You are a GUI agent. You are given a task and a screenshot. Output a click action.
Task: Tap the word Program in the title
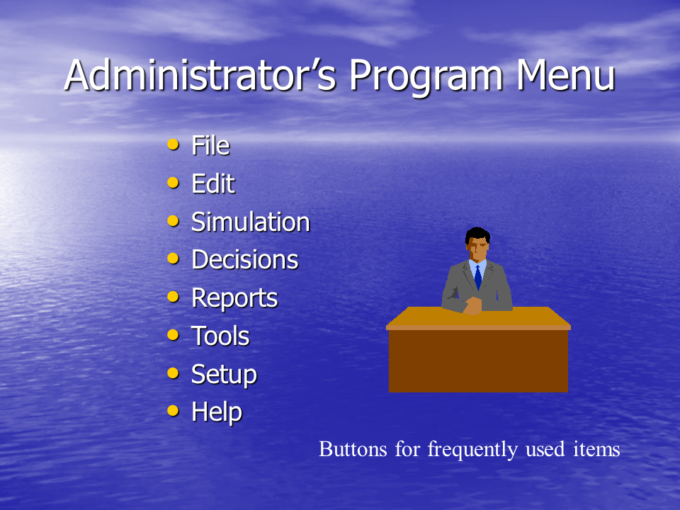point(426,76)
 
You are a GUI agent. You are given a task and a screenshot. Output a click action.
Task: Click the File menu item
point(211,145)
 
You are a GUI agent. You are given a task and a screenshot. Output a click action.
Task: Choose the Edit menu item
point(213,183)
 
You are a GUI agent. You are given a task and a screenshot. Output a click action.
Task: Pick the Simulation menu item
point(251,222)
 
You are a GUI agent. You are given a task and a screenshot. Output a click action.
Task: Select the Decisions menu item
point(245,259)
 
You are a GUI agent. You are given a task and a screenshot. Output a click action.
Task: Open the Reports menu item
point(234,298)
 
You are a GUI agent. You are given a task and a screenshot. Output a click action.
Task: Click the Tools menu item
point(221,336)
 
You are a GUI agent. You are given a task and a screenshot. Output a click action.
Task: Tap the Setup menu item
point(225,375)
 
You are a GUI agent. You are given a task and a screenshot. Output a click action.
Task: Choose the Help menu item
point(217,412)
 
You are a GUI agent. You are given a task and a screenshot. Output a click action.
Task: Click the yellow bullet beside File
point(173,144)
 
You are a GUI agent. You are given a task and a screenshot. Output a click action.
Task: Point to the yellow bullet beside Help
point(173,410)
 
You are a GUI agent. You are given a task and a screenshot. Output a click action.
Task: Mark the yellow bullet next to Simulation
point(173,221)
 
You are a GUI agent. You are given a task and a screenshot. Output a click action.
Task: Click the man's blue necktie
point(478,277)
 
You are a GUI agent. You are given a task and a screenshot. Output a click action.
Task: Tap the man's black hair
point(477,235)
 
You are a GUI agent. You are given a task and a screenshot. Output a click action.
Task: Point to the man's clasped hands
point(472,305)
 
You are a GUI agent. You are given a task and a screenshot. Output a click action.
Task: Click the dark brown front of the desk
point(478,361)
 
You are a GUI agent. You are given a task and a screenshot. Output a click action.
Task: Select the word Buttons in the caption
point(353,449)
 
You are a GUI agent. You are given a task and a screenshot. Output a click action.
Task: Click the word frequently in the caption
point(472,450)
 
